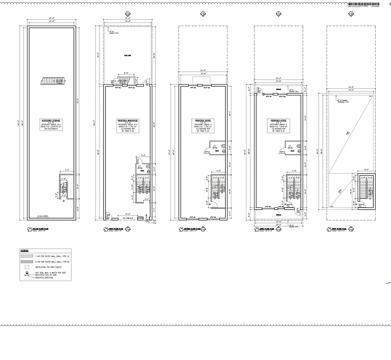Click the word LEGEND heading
point(24,250)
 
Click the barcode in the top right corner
point(360,4)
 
